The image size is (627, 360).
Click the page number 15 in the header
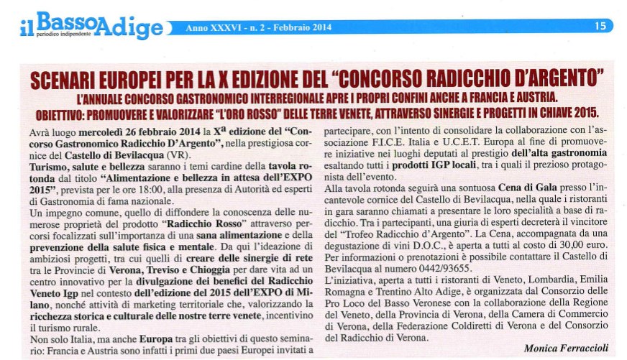(x=600, y=27)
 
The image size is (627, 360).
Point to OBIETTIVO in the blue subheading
(x=64, y=114)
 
